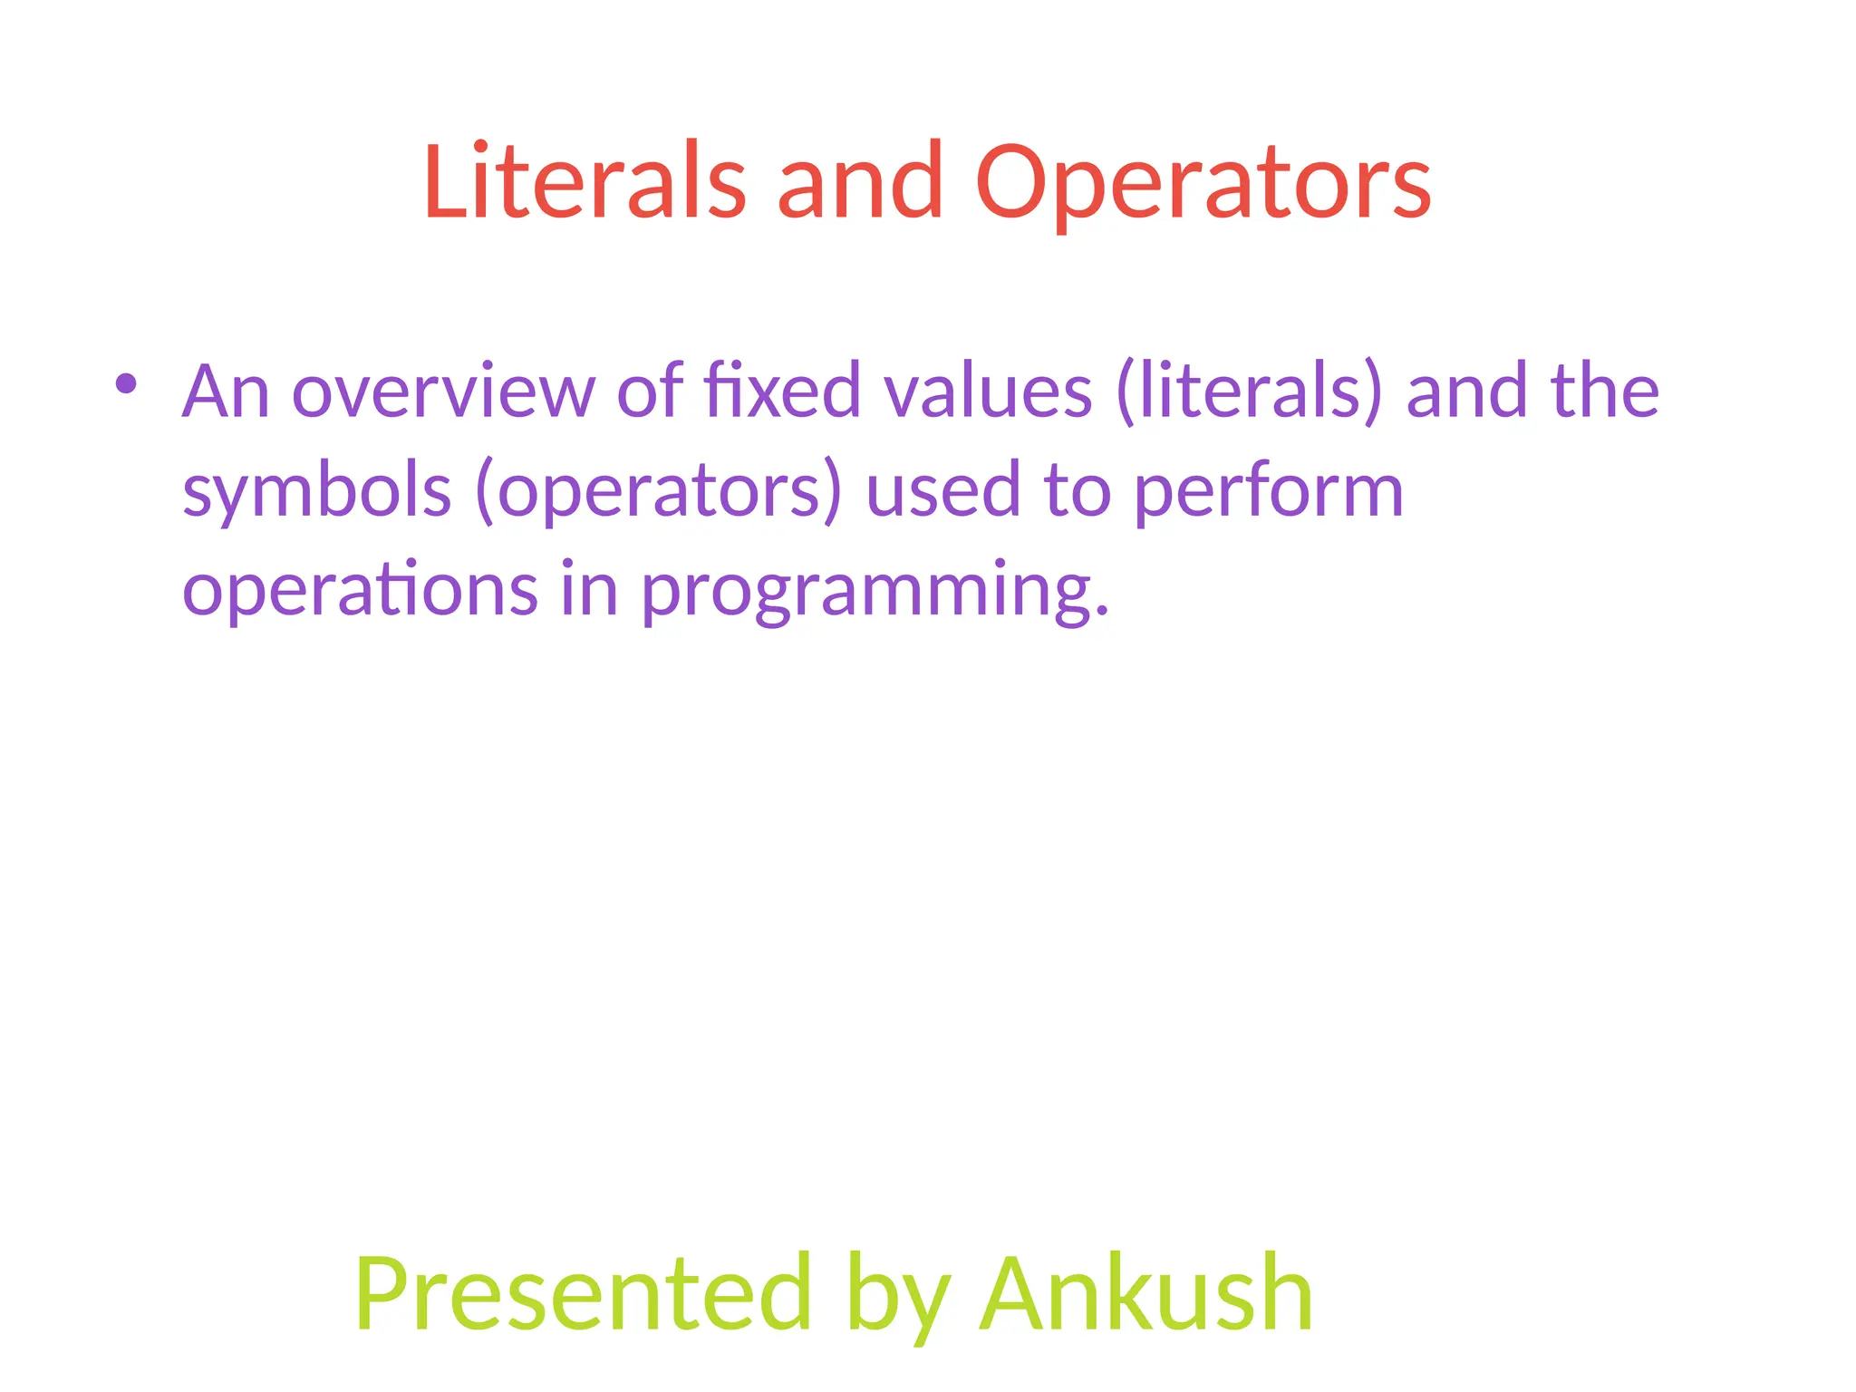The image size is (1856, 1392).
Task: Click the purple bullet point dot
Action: pos(126,383)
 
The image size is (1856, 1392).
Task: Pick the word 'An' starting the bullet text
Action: pos(226,391)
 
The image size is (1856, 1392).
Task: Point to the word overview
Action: pos(443,391)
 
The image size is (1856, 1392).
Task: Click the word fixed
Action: pos(782,391)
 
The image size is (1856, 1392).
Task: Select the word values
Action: pos(988,391)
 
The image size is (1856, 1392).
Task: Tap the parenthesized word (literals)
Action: pos(1251,391)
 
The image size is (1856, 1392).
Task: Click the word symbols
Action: pos(316,491)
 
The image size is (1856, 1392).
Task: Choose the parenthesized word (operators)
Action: pos(659,491)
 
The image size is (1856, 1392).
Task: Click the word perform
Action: pos(1269,491)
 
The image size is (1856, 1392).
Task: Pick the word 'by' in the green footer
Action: pos(898,1296)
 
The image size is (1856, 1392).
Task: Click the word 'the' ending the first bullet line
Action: pos(1604,391)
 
